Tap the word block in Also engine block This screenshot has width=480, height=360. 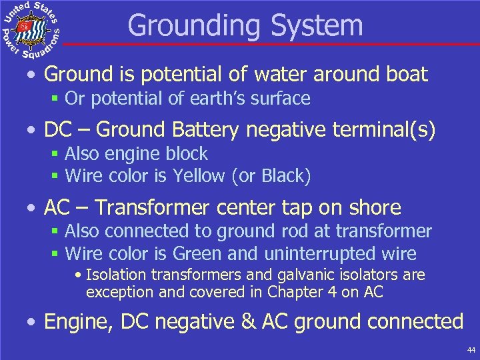click(x=189, y=154)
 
